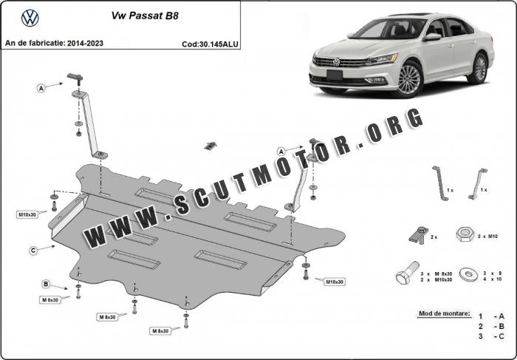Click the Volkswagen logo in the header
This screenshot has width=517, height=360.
30,18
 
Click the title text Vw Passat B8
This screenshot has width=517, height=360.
145,16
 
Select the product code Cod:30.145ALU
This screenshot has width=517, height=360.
210,44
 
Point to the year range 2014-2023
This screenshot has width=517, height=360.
85,43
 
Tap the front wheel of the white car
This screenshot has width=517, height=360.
409,79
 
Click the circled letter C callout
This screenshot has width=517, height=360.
33,251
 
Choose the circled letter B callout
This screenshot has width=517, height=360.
46,284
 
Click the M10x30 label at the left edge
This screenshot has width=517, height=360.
27,215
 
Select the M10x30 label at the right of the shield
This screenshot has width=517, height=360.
335,282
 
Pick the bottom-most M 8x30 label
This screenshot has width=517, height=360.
160,330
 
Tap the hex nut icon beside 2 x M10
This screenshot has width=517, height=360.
465,234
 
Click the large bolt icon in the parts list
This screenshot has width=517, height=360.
407,273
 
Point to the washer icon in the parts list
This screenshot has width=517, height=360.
469,274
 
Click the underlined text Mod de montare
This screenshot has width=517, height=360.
445,313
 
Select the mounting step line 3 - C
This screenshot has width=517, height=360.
491,336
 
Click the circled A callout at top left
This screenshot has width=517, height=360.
41,89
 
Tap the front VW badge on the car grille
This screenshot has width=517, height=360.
336,62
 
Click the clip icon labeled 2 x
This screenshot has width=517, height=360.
419,235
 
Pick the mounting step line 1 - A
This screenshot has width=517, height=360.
491,316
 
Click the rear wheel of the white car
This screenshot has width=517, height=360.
479,69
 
